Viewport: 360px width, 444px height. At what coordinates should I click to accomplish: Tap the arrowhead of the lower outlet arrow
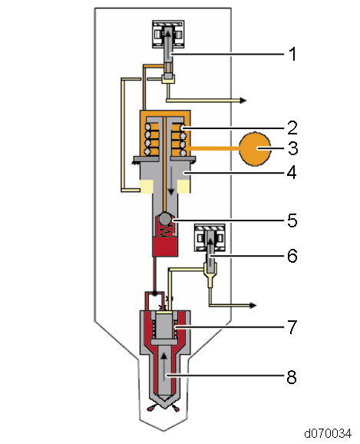point(253,305)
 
